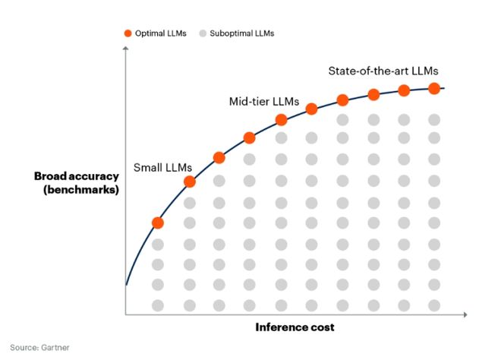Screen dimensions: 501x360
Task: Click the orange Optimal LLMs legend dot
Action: pos(128,33)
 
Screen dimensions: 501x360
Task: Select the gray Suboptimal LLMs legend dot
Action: pos(203,33)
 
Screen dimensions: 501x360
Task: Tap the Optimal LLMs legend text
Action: pos(161,33)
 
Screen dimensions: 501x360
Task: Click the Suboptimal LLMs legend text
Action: pos(242,33)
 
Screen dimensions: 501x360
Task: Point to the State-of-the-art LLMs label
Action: pos(383,71)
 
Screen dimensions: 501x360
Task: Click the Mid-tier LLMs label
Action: pos(264,101)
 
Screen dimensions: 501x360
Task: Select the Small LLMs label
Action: pos(162,167)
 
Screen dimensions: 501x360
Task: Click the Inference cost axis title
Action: pos(295,327)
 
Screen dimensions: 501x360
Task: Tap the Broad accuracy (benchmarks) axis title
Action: pos(77,183)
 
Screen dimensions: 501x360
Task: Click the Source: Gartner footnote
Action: pos(39,348)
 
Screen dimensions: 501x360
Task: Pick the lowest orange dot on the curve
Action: pos(158,223)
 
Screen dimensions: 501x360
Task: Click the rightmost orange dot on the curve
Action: pos(434,88)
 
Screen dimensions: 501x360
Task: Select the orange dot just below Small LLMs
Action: pos(190,182)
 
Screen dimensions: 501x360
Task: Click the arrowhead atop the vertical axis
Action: pos(125,49)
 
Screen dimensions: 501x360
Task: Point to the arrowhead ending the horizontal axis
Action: pos(465,314)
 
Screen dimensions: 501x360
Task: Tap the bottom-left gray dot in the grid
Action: pos(158,305)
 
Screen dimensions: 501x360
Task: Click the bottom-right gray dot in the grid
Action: pos(434,305)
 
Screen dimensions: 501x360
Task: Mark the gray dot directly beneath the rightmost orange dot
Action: pos(434,120)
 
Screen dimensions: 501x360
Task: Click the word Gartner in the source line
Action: pos(55,348)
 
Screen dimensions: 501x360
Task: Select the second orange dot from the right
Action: pos(404,90)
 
